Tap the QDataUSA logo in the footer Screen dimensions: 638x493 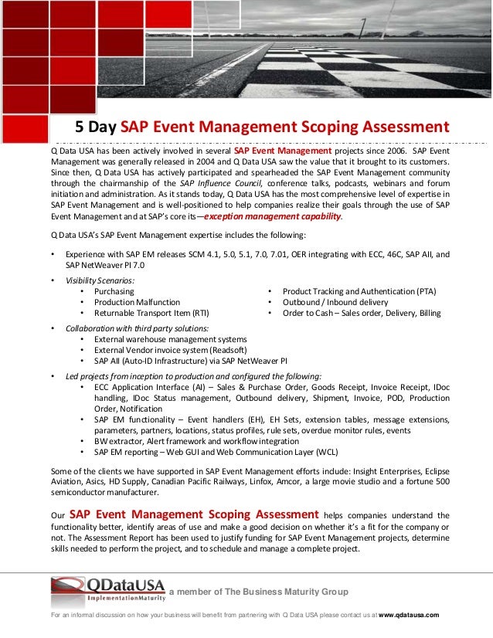pos(107,590)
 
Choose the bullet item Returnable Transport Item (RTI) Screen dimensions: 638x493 pos(151,314)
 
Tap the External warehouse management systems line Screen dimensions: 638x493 pos(170,340)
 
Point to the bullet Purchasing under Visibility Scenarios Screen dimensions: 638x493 pos(114,291)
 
